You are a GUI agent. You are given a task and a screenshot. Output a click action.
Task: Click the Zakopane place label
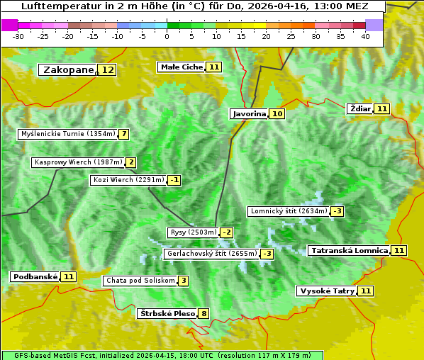[x=68, y=70]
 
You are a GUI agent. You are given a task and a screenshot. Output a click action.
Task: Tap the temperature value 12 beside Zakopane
[x=107, y=70]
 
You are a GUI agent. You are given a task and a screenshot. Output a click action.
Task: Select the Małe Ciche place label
[x=182, y=67]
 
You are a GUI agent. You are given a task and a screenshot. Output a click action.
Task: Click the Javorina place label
[x=249, y=113]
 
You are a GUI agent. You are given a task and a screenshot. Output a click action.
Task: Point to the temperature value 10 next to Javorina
[x=277, y=113]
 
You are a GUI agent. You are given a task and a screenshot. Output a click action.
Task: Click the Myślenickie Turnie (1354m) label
[x=68, y=134]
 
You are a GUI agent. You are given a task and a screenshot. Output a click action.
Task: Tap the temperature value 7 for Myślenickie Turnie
[x=124, y=134]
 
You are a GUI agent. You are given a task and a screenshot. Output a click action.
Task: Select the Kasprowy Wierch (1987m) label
[x=79, y=162]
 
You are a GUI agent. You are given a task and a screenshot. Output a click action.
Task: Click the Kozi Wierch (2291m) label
[x=128, y=180]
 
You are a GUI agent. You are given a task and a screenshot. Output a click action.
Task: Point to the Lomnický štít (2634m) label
[x=289, y=211]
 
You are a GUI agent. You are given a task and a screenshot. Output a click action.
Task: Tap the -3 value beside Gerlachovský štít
[x=267, y=254]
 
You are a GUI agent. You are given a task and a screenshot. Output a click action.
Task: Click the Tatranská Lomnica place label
[x=349, y=250]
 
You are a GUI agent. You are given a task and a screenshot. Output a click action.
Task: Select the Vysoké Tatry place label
[x=326, y=291]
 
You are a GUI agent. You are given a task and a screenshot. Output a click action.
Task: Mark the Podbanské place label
[x=35, y=276]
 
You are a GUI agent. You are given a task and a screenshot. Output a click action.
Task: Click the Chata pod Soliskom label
[x=140, y=281]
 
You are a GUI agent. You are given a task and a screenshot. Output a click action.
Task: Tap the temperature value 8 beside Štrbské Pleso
[x=204, y=313]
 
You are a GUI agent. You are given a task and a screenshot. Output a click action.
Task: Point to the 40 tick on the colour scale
[x=365, y=36]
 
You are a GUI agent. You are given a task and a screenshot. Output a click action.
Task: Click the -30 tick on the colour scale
[x=18, y=36]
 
